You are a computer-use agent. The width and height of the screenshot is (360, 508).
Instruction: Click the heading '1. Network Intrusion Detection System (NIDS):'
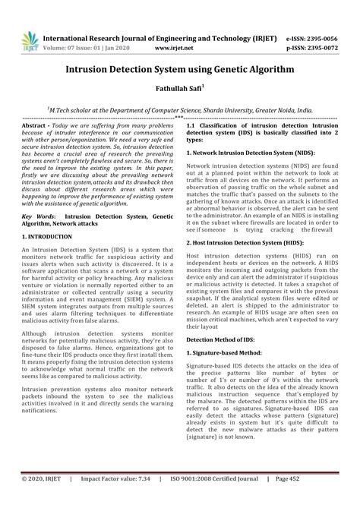point(248,153)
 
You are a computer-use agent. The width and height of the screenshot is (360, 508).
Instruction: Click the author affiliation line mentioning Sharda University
point(179,109)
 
